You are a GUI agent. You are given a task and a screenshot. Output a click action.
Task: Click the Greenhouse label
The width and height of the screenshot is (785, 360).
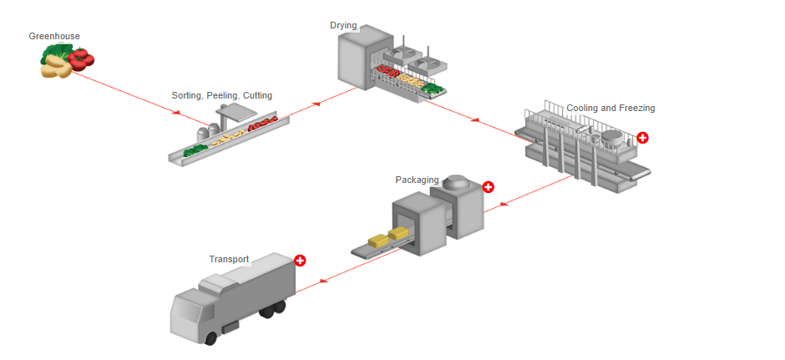(x=54, y=36)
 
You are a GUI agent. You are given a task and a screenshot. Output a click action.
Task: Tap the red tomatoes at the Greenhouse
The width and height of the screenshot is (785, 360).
(x=82, y=58)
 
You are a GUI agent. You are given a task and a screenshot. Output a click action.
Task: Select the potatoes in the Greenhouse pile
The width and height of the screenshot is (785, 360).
(x=56, y=69)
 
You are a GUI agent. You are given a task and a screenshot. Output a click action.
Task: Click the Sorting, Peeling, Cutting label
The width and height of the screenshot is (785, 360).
(x=221, y=96)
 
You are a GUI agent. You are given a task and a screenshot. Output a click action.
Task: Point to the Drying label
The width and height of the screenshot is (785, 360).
(x=343, y=26)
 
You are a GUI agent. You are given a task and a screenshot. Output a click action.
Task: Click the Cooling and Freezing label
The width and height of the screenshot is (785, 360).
(x=610, y=109)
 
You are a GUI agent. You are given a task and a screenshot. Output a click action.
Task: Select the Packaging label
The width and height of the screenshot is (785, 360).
(x=417, y=180)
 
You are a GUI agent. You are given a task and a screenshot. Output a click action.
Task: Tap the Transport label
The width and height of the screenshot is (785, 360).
(x=229, y=259)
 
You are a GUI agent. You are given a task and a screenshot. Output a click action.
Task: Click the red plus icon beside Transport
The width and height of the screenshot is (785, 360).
(x=301, y=261)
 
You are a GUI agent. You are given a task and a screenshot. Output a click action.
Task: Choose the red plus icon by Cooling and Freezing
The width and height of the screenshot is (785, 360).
(x=642, y=138)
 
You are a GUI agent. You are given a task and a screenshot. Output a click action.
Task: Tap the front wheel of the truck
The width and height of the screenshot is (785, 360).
(x=210, y=338)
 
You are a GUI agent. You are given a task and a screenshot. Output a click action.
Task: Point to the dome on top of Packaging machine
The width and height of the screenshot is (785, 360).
(x=455, y=183)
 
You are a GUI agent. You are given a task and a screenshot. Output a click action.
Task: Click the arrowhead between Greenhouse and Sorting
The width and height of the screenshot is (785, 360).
(x=177, y=113)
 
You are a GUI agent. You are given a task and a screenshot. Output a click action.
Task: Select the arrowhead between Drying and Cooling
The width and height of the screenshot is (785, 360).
(x=474, y=120)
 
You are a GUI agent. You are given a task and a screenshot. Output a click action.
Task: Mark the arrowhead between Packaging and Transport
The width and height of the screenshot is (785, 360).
(x=322, y=281)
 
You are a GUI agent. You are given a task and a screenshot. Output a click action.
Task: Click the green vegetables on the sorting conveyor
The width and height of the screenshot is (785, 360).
(x=195, y=150)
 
